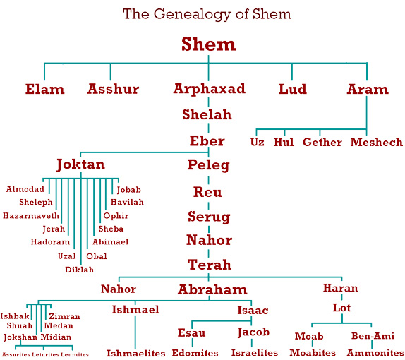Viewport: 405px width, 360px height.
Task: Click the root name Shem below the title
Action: click(x=208, y=44)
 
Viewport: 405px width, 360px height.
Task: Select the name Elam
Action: click(x=44, y=89)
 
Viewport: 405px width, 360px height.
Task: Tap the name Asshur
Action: click(x=113, y=89)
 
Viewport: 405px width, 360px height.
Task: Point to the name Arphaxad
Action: click(x=210, y=89)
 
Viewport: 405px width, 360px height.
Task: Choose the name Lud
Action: click(x=292, y=89)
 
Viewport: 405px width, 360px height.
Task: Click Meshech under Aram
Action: click(x=377, y=143)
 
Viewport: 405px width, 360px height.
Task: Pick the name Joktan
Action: click(x=81, y=164)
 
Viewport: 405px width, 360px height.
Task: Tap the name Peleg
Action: click(x=208, y=165)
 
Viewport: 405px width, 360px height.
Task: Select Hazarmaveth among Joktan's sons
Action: click(x=31, y=215)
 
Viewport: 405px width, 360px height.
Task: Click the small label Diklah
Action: click(x=79, y=270)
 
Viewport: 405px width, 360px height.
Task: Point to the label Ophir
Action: click(x=116, y=216)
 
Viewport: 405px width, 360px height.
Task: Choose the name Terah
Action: click(x=210, y=265)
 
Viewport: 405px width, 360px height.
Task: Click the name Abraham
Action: click(x=212, y=289)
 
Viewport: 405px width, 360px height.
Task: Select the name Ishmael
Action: click(x=135, y=310)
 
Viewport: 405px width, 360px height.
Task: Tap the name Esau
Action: click(x=191, y=332)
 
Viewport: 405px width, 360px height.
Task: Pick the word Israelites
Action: click(x=255, y=353)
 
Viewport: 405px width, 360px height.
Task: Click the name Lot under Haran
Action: click(x=341, y=308)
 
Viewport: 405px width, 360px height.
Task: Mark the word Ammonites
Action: click(x=375, y=352)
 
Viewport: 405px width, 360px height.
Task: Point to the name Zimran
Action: click(x=65, y=316)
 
